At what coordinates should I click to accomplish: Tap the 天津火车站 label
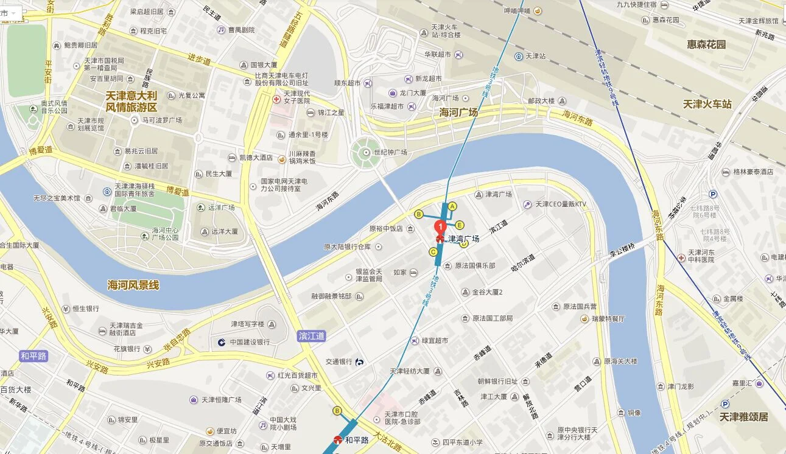707,104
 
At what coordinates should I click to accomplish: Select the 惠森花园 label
706,44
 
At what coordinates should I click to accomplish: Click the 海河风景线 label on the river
133,285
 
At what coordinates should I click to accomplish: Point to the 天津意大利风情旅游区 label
132,102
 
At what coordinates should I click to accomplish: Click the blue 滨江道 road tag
312,336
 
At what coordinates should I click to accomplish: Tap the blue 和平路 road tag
33,356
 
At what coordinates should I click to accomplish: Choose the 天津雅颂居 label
743,417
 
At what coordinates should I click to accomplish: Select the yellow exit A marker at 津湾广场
452,206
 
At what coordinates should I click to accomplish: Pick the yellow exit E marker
460,225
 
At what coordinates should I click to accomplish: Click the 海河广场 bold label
458,113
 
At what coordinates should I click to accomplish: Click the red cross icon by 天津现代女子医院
276,99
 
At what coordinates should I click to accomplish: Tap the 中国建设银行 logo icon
222,342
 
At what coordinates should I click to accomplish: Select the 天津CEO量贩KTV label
560,204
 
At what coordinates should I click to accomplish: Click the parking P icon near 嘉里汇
725,403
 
